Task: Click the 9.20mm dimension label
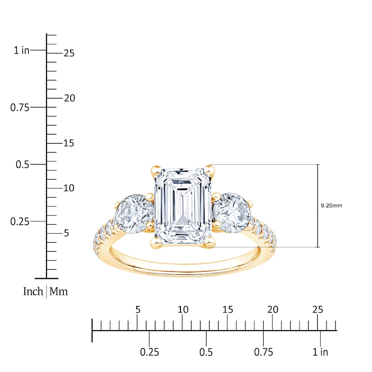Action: coord(332,206)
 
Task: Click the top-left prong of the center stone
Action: coord(156,170)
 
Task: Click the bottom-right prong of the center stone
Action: coord(210,243)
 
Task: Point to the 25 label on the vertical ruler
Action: coord(69,53)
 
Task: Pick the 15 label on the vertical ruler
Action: coord(69,143)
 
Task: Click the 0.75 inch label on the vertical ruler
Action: coord(20,108)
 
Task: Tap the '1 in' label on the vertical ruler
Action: coord(21,50)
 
